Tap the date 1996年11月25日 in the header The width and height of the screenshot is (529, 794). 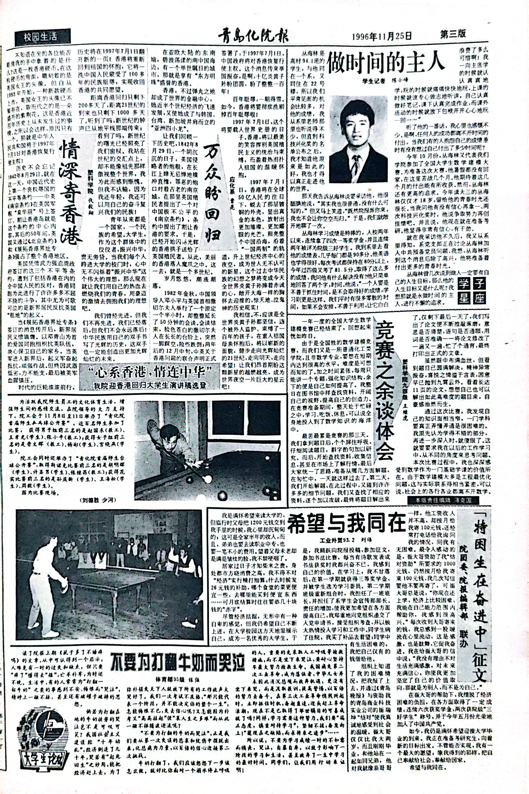coord(381,36)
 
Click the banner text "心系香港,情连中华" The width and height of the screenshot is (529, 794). coord(149,372)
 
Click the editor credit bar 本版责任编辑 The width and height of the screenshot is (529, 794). coord(443,500)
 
